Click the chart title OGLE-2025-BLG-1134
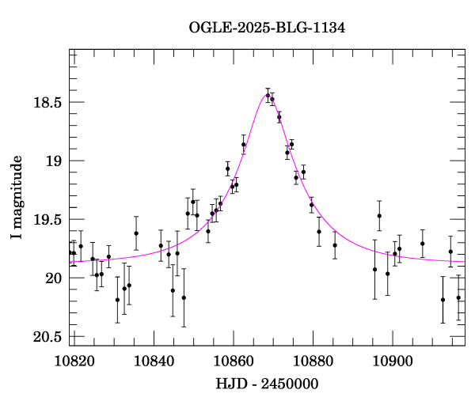(x=267, y=28)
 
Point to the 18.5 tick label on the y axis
(x=47, y=102)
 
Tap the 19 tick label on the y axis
(x=54, y=161)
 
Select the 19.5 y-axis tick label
(x=47, y=219)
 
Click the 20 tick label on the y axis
(x=54, y=278)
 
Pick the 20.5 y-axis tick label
(x=47, y=336)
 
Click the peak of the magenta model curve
(x=268, y=94)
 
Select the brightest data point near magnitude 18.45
(x=268, y=96)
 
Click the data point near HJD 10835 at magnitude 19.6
(x=136, y=233)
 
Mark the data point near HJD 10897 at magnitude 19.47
(x=379, y=216)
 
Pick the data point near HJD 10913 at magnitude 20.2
(x=443, y=300)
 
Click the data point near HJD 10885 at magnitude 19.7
(x=335, y=245)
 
